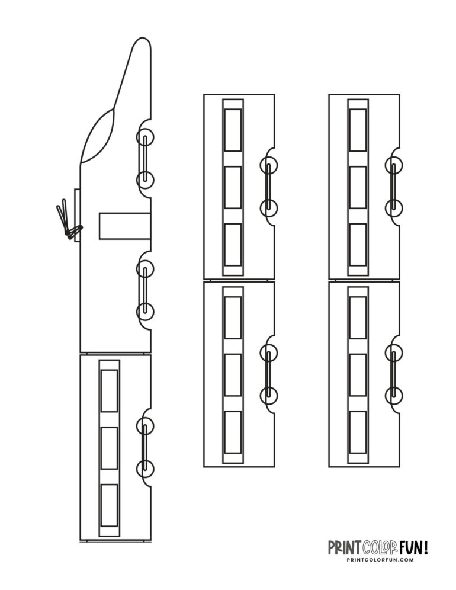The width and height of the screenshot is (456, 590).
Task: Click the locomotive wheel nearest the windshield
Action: pyautogui.click(x=145, y=139)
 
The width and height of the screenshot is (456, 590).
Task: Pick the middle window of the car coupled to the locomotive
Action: pyautogui.click(x=110, y=448)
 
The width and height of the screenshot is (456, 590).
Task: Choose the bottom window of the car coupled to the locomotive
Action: pyautogui.click(x=110, y=505)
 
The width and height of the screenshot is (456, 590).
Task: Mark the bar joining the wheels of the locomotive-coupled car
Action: pyautogui.click(x=144, y=447)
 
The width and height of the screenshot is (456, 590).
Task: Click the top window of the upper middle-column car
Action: pyautogui.click(x=233, y=130)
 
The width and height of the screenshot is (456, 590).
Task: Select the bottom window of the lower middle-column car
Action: pyautogui.click(x=233, y=432)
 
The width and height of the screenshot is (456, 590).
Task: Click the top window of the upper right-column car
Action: pyautogui.click(x=358, y=130)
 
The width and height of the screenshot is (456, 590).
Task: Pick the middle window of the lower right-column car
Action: pyautogui.click(x=358, y=374)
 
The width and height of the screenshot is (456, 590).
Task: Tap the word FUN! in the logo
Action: pyautogui.click(x=416, y=547)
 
